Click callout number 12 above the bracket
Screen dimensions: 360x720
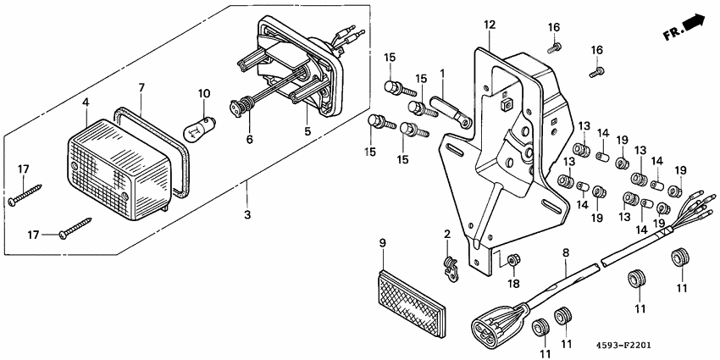click(x=489, y=25)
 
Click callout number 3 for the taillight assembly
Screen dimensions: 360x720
click(x=247, y=215)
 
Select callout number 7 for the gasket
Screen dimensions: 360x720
click(x=141, y=87)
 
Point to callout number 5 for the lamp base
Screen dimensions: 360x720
click(x=307, y=131)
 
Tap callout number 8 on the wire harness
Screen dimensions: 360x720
click(x=565, y=252)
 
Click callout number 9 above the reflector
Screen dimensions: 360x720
click(x=382, y=243)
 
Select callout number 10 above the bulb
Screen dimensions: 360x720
click(x=203, y=92)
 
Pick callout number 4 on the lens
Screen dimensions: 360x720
click(x=86, y=103)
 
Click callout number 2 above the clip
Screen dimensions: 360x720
click(x=446, y=233)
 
